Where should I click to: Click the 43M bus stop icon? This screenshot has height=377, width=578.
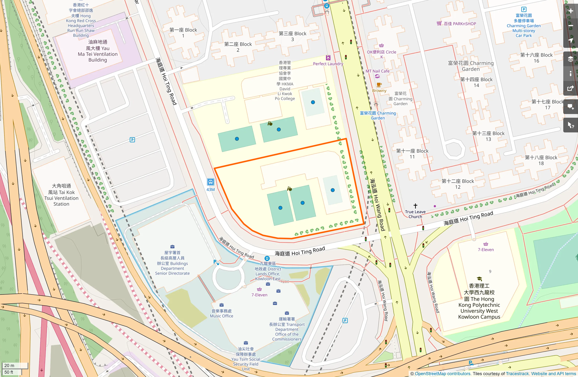tap(210, 182)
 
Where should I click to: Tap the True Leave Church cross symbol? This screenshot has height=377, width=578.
tap(415, 206)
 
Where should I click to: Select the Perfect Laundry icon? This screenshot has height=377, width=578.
tap(328, 58)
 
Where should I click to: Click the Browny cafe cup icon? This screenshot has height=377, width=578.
tap(379, 85)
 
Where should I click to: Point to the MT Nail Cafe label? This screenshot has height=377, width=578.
tap(377, 71)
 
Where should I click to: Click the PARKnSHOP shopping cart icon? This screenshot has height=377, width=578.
tap(439, 23)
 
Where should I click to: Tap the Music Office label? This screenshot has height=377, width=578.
tap(222, 314)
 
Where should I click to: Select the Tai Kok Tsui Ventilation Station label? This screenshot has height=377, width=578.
tap(61, 195)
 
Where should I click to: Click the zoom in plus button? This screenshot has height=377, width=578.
tap(571, 11)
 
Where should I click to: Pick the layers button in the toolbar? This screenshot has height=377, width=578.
tap(571, 59)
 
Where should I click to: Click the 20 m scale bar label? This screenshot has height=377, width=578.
tap(9, 365)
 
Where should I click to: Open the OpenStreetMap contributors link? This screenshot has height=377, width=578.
tap(442, 374)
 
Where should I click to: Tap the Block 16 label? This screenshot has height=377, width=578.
tap(536, 58)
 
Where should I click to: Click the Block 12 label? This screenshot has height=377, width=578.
tap(458, 184)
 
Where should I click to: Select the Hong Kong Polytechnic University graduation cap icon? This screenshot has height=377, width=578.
tap(479, 279)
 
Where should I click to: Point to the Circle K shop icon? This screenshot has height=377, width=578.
tap(381, 46)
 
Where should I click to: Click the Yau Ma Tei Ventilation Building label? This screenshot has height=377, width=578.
tap(98, 51)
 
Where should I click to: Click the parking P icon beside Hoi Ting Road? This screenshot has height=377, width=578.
tap(132, 140)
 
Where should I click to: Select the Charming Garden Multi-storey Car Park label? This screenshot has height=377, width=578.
tap(524, 25)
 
